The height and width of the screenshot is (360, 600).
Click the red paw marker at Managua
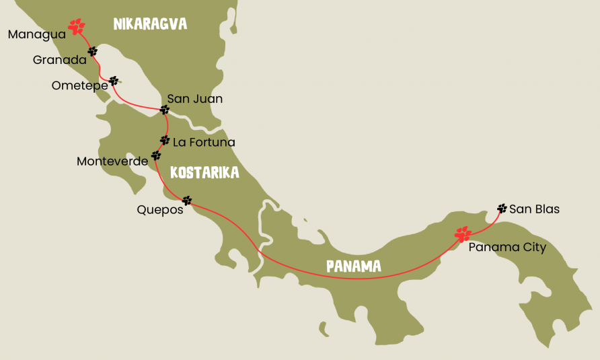77,27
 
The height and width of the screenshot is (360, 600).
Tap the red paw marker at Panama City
463,234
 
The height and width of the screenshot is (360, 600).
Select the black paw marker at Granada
92,51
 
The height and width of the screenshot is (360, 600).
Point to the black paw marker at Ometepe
114,81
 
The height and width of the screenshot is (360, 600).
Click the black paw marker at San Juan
165,109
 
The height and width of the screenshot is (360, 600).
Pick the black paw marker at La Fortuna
165,141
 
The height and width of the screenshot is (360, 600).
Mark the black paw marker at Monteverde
156,155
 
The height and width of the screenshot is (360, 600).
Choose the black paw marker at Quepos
187,201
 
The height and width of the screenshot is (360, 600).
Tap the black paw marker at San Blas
502,209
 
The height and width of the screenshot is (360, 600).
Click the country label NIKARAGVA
150,25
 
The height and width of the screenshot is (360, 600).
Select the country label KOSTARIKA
204,173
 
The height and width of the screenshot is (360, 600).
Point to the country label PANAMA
354,266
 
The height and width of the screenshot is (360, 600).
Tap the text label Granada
59,60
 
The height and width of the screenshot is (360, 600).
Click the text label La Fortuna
204,142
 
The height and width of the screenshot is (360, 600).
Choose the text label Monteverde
112,161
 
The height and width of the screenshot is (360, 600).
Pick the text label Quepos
160,209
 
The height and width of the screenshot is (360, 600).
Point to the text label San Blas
534,209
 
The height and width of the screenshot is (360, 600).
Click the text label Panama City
507,248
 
